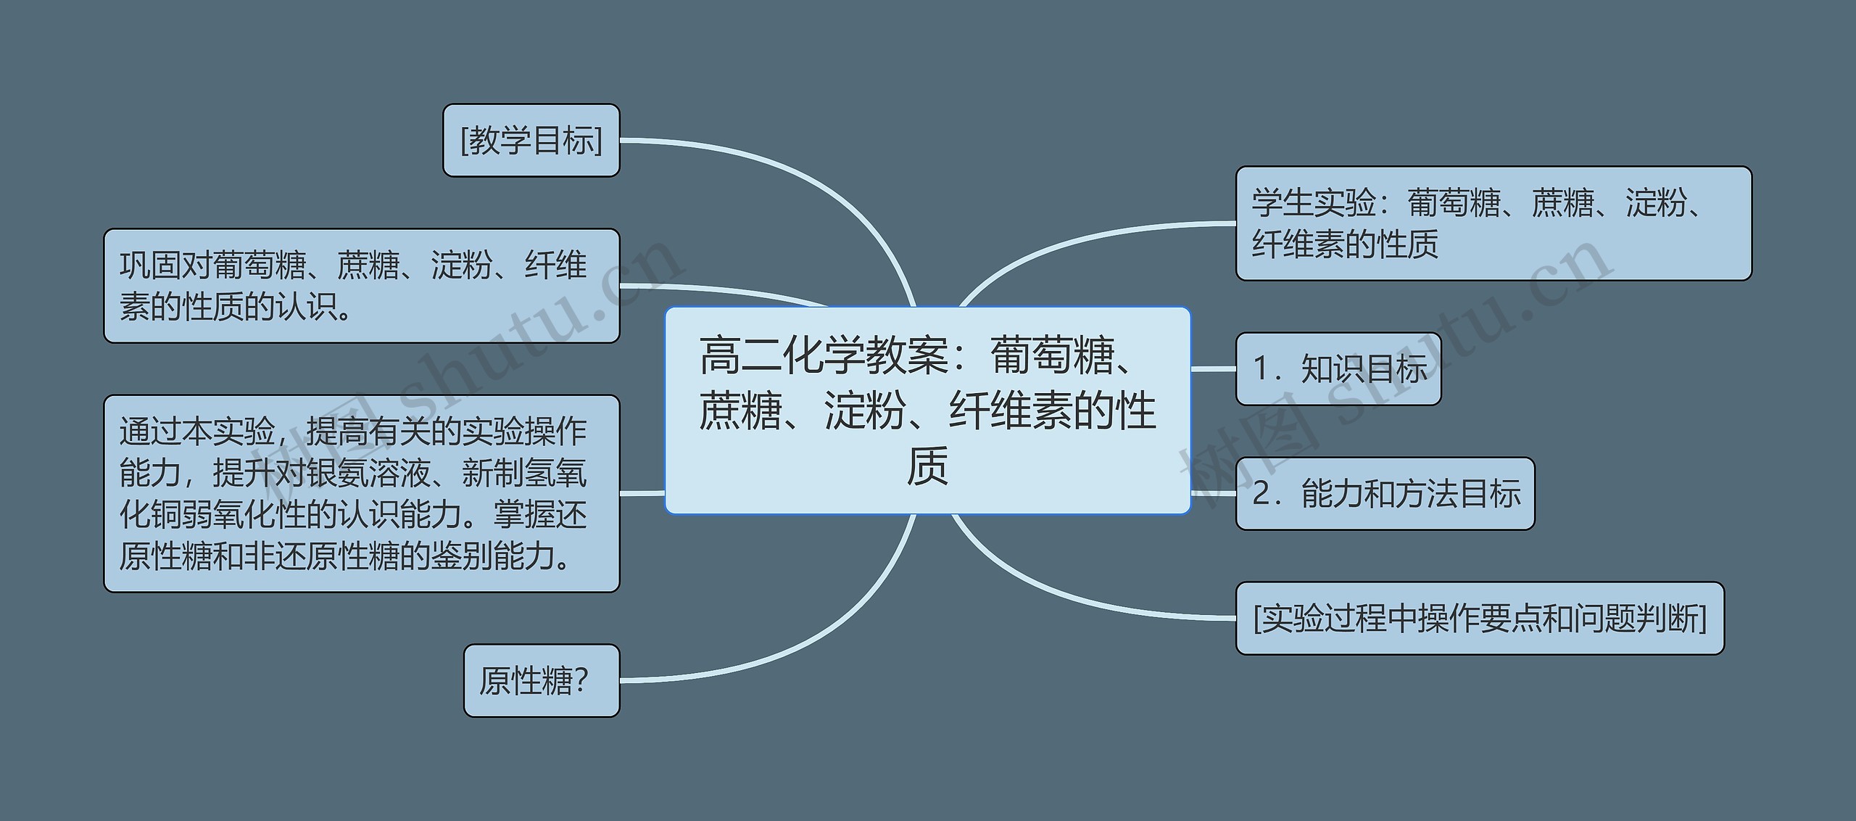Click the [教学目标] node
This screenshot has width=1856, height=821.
(531, 140)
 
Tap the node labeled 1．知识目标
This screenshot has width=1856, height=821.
(1338, 369)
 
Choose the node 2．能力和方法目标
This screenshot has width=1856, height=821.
(1385, 494)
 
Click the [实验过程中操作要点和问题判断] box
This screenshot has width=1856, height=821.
(1480, 619)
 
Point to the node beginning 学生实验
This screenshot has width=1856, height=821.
(1493, 223)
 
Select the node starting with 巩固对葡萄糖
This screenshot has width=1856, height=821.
(361, 286)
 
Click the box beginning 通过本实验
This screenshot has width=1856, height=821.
(361, 494)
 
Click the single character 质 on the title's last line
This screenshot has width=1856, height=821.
(927, 466)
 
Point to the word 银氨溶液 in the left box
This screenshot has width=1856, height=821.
(368, 474)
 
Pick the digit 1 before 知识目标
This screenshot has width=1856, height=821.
(1261, 369)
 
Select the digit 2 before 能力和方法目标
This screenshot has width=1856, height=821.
(1261, 494)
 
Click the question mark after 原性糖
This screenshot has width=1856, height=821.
(580, 681)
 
